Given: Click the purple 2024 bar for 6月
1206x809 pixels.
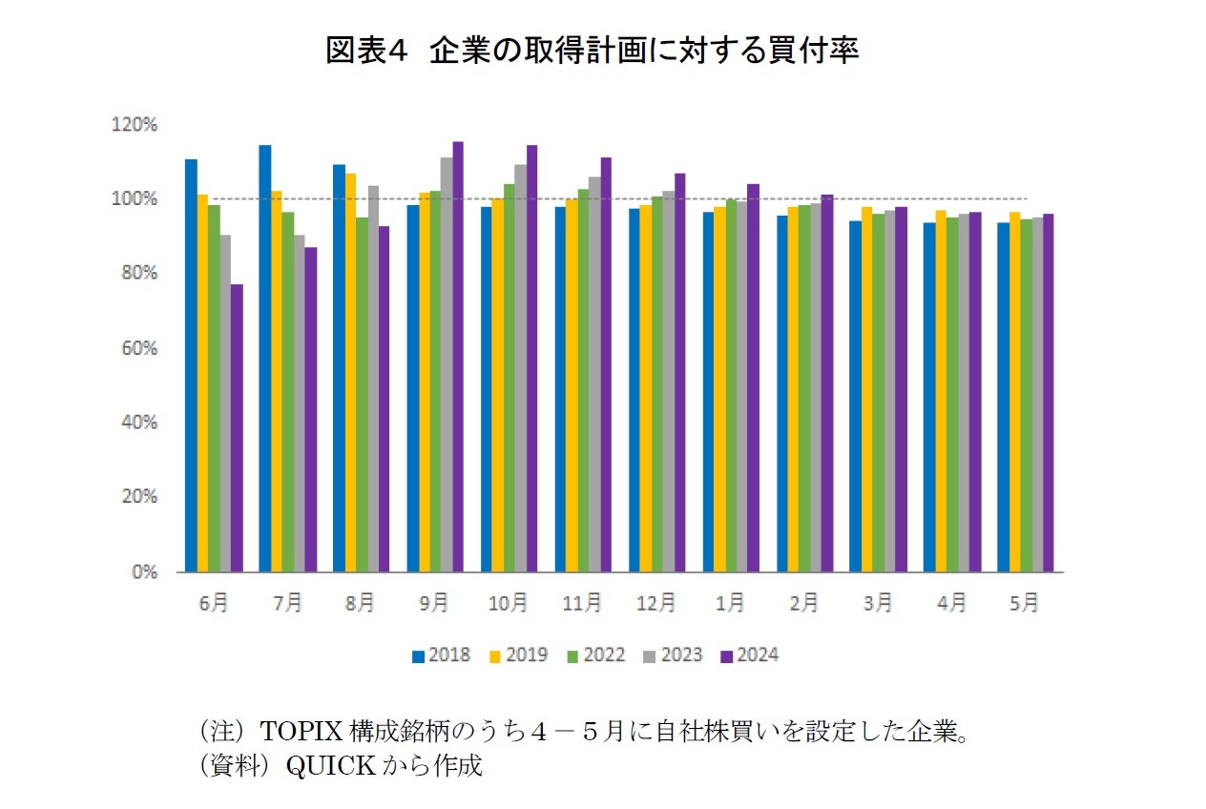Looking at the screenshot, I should coord(237,428).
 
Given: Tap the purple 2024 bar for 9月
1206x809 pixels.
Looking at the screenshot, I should coord(458,357).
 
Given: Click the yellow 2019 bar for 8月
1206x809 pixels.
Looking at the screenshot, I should coord(350,373).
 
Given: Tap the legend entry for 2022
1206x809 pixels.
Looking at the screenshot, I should coord(595,655).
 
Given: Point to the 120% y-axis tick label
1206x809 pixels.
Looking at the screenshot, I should coord(135,124).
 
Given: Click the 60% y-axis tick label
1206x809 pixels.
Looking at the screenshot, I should coord(139,348).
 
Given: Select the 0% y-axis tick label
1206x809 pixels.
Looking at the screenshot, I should coord(144,572).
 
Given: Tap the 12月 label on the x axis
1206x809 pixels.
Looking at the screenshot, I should coord(656,603).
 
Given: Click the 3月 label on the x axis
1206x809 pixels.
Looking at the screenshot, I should coord(879,603).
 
